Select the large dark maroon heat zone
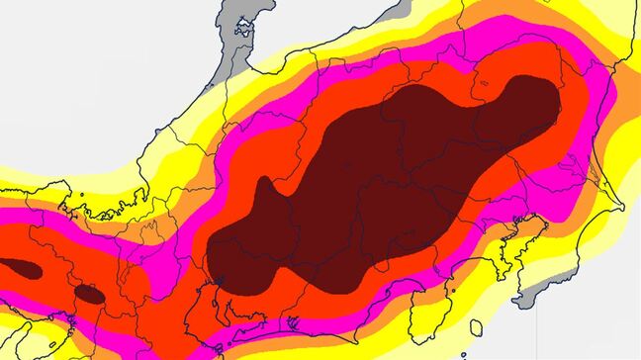coord(376,188)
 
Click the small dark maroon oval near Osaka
coord(90,293)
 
